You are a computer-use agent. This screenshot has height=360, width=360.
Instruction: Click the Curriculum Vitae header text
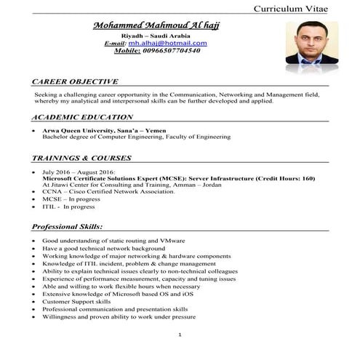(300, 8)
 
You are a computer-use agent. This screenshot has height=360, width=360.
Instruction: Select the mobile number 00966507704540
(161, 51)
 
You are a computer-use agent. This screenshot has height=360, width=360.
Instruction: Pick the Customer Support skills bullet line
(76, 301)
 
